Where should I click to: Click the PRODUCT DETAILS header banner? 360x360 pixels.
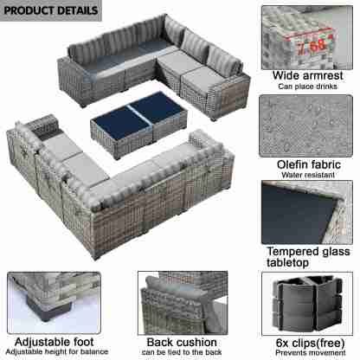pos(51,10)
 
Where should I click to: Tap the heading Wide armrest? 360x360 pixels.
pos(308,75)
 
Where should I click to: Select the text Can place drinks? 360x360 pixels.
pos(307,87)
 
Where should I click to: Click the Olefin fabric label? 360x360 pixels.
pos(309,164)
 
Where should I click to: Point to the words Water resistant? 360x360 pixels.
pos(308,175)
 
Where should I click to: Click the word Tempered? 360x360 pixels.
pos(292,252)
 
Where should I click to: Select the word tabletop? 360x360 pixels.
pos(287,262)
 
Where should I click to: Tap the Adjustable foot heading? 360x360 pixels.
pos(55,342)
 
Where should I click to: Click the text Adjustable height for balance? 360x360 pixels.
pos(57,351)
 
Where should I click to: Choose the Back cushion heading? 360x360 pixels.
pos(182,343)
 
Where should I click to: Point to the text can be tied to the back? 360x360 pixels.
pos(182,352)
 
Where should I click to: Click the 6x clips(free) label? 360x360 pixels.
pos(310,343)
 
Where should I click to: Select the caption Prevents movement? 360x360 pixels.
pos(310,353)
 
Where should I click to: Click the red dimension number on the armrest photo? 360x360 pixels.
pos(312,46)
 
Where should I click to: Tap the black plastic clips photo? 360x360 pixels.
pos(307,304)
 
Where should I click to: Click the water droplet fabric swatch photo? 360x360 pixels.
pos(305,125)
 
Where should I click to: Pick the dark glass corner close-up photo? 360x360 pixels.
pos(307,212)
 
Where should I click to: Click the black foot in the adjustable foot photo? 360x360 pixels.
pos(49,309)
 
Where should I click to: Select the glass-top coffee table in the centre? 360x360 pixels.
pos(138,125)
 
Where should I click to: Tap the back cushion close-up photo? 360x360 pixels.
pos(183,303)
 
